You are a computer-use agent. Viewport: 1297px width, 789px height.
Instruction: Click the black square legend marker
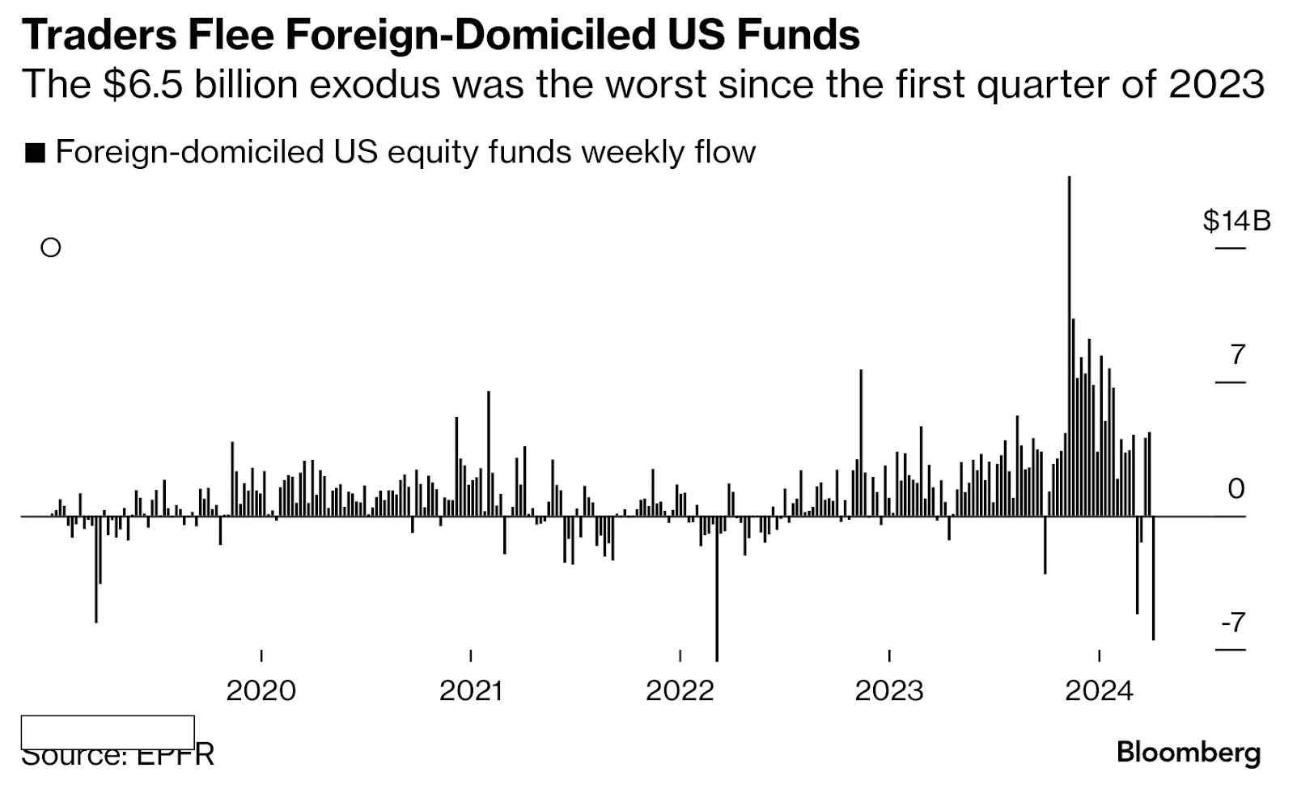tap(35, 153)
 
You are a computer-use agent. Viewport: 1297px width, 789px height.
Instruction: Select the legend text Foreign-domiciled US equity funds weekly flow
tap(405, 152)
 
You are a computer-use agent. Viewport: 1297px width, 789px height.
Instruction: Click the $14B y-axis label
tap(1236, 220)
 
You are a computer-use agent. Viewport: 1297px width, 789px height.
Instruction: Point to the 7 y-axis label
tap(1237, 354)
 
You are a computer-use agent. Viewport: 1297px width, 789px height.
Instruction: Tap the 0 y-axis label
tap(1236, 488)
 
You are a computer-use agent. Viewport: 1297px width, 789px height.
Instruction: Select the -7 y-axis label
tap(1233, 622)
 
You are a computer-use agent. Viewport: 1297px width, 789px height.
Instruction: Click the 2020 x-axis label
tap(261, 690)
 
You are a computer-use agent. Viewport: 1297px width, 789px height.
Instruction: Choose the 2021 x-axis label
tap(470, 690)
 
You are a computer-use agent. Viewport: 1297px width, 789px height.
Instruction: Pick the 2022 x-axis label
tap(680, 690)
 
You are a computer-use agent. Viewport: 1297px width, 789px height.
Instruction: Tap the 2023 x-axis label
tap(888, 690)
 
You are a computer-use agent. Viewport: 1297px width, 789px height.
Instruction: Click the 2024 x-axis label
tap(1098, 690)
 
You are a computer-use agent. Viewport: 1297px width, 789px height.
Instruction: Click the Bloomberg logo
tap(1188, 753)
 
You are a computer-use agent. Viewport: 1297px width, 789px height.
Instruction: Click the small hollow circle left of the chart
tap(51, 247)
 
